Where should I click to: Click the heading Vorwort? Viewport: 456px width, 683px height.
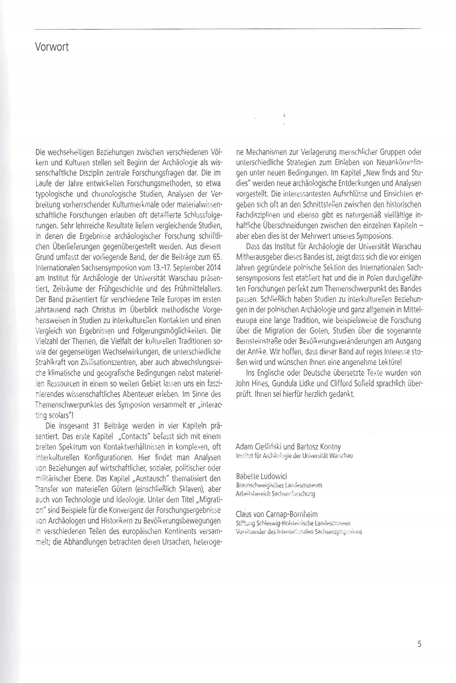(52, 47)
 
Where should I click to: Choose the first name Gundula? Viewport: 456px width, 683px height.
(286, 384)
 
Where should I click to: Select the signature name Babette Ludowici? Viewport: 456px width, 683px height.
(261, 476)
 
